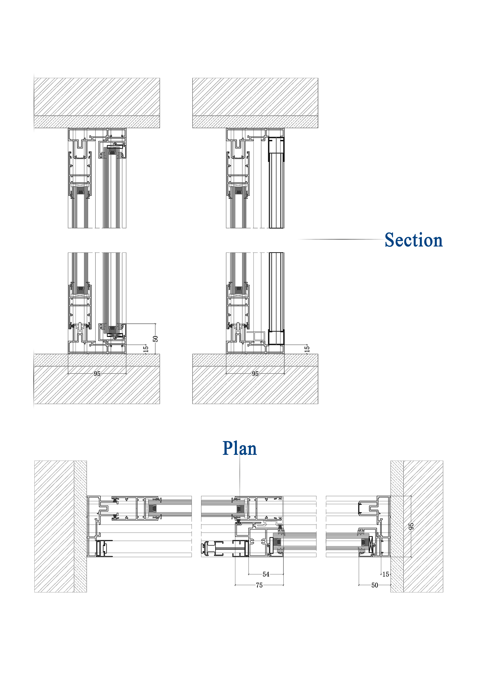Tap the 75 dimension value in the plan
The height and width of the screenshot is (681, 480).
coord(259,585)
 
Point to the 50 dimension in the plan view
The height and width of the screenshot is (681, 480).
coord(375,585)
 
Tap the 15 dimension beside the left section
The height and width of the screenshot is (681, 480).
coord(146,349)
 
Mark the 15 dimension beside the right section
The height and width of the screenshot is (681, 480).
coord(307,349)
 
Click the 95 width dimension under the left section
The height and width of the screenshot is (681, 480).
coord(97,374)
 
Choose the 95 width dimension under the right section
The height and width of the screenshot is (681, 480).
coord(255,374)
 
